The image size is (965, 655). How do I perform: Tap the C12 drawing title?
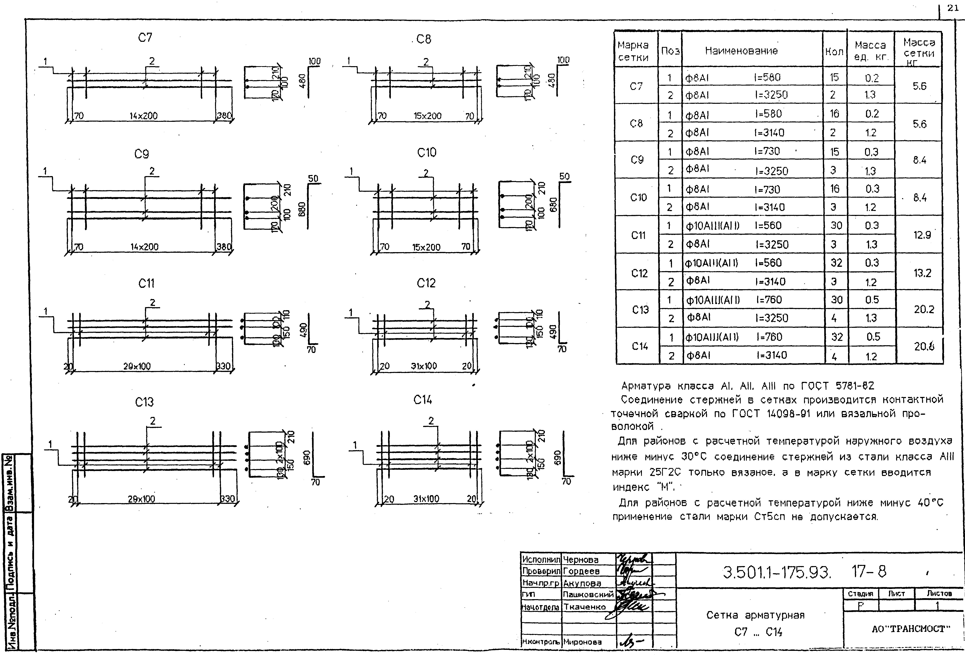pos(426,283)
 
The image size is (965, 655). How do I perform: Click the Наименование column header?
pos(741,51)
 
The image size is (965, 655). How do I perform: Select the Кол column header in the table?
pos(834,52)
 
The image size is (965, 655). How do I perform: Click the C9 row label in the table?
pos(637,160)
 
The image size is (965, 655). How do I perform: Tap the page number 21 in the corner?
pos(953,8)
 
